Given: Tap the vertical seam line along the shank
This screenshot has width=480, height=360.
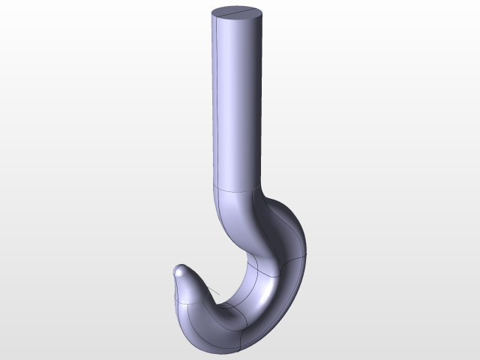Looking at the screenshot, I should coord(216,97).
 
